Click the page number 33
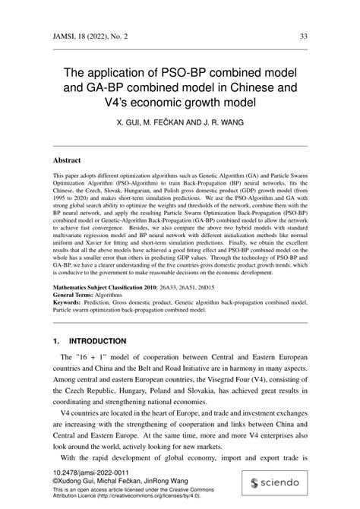pyautogui.click(x=303, y=36)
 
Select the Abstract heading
pyautogui.click(x=67, y=161)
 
